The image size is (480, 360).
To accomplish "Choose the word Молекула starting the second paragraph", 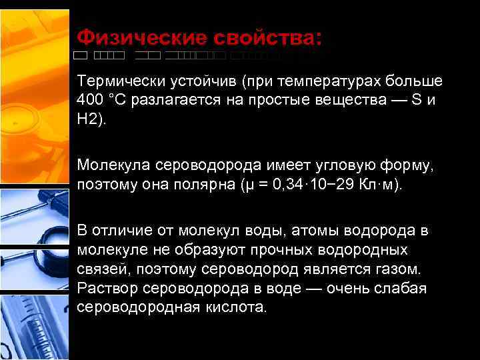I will coord(113,163).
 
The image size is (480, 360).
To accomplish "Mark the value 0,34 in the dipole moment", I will coord(289,184).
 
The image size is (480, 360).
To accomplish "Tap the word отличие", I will coord(121,231).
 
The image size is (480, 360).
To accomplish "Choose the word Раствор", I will coord(105,289).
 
